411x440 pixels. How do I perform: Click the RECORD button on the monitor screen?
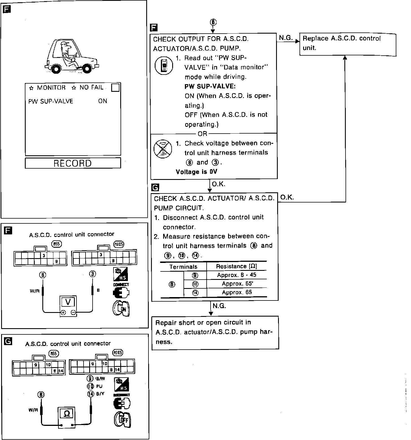(x=73, y=163)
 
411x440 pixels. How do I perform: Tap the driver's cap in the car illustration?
(x=64, y=44)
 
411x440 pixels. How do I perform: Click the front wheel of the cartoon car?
(x=87, y=69)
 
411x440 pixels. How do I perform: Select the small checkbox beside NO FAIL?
(x=115, y=88)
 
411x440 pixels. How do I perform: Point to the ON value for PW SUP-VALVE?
(x=102, y=101)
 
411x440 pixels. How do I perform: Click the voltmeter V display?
(x=68, y=302)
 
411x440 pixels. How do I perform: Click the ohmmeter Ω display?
(x=67, y=414)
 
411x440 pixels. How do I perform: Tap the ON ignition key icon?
(x=121, y=308)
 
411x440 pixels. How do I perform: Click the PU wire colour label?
(x=99, y=386)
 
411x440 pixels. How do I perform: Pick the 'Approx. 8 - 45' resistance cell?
(x=237, y=275)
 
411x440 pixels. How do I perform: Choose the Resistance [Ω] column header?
(x=237, y=266)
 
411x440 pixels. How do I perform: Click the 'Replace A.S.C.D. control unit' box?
(x=347, y=44)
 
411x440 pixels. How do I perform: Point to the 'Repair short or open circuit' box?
(x=215, y=332)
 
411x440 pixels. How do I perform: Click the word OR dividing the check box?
(x=202, y=134)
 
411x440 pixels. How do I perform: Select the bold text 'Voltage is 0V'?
(x=196, y=172)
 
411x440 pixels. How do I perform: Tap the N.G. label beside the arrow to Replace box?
(x=286, y=38)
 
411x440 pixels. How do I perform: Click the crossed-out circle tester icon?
(x=163, y=149)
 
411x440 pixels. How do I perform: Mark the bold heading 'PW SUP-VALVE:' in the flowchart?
(x=210, y=86)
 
